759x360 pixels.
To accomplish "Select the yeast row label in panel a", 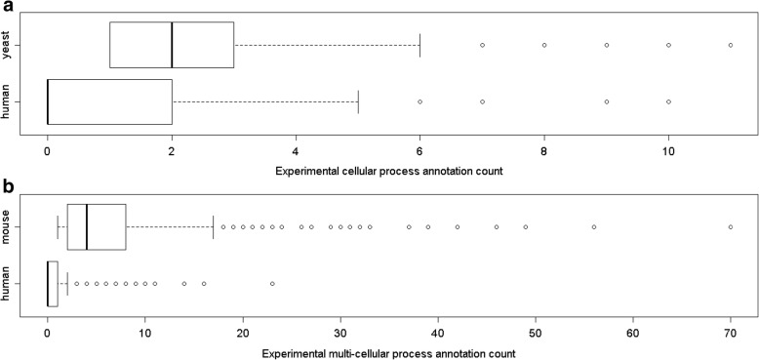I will coord(9,45).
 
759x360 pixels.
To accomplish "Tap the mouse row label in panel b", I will coord(9,227).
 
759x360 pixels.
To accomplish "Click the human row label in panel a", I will coord(9,101).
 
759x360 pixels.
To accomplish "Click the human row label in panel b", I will coord(9,284).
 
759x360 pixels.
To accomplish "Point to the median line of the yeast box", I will coord(172,45).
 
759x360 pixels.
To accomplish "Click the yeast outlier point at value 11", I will coord(731,45).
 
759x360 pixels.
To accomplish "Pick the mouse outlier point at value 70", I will coord(731,227).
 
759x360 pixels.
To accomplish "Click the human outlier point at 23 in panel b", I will coord(272,284).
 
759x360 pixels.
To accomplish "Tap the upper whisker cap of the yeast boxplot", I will coord(419,45).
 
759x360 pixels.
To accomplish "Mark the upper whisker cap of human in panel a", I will coord(358,101).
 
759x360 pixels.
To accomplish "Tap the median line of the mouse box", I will coord(87,227).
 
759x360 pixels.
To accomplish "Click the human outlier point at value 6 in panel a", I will coord(419,101).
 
